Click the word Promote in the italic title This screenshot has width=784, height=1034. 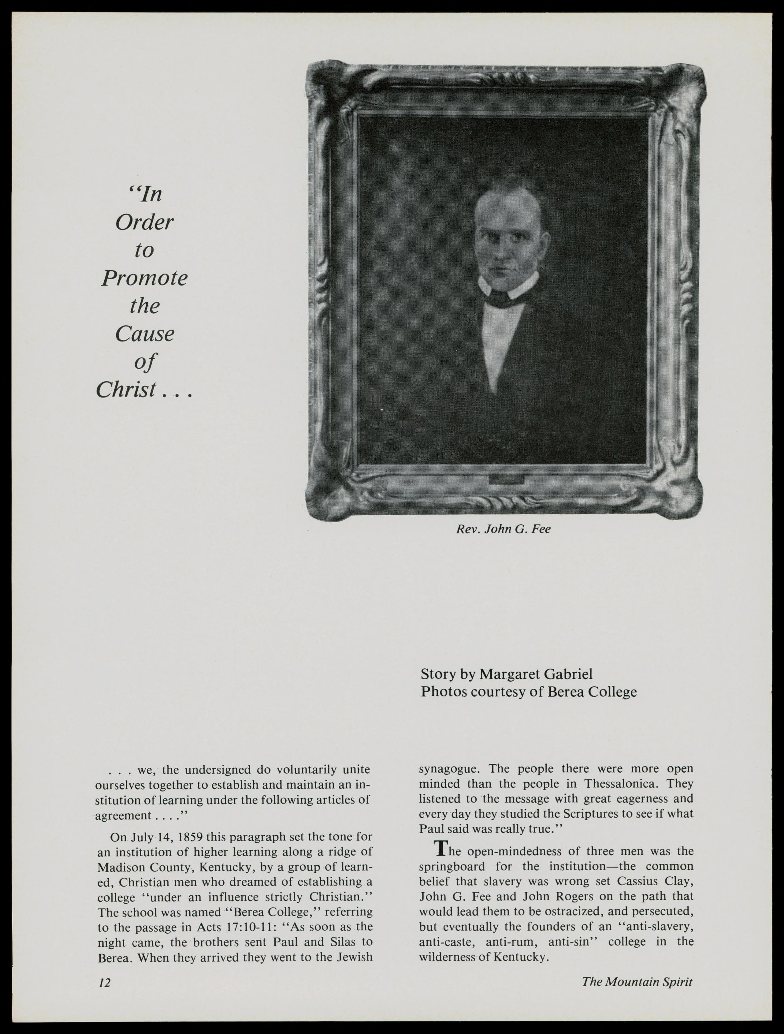pyautogui.click(x=144, y=278)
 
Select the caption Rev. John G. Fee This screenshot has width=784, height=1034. pyautogui.click(x=503, y=529)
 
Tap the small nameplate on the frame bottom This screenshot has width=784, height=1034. pyautogui.click(x=507, y=480)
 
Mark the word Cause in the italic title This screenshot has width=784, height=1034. pyautogui.click(x=144, y=334)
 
